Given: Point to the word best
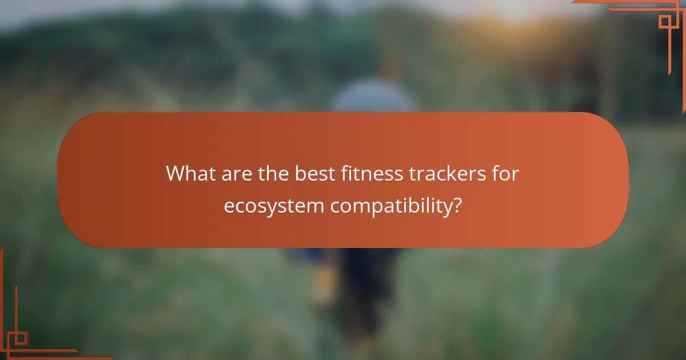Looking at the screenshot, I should [x=314, y=173].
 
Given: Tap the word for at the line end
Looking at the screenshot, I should [x=505, y=173].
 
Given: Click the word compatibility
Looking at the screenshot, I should [x=390, y=206].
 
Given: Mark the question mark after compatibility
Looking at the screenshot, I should [x=456, y=205].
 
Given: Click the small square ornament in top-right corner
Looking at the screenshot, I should [x=665, y=22].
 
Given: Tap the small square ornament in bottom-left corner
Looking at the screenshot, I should [x=21, y=338].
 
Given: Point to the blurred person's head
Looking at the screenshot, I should [x=389, y=69].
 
